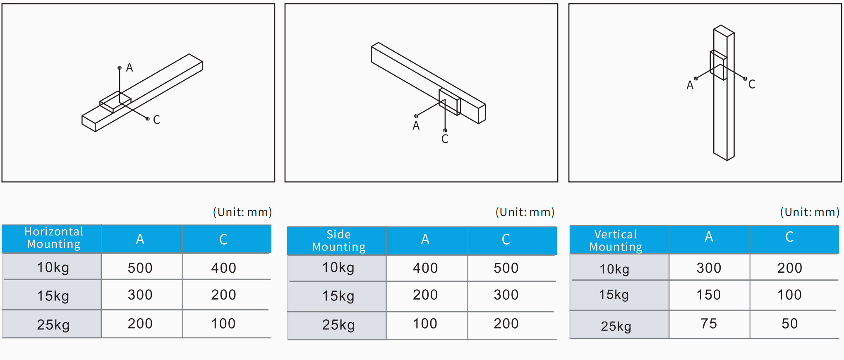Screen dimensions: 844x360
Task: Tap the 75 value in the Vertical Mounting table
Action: click(x=709, y=324)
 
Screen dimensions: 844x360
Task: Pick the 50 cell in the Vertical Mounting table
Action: click(x=790, y=324)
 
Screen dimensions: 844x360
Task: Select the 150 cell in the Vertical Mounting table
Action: click(x=709, y=295)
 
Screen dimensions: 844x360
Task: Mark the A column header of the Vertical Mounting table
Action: click(x=709, y=237)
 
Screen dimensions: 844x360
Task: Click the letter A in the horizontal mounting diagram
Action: click(x=129, y=67)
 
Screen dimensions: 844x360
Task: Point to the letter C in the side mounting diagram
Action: click(x=445, y=139)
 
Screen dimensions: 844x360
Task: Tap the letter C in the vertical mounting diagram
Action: click(x=752, y=84)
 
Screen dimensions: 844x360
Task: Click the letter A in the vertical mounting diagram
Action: click(x=690, y=85)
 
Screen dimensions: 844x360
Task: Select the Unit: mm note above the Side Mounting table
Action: click(x=525, y=212)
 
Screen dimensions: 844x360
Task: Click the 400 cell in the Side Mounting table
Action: click(x=425, y=268)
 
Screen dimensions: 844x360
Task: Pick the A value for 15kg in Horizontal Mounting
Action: click(x=140, y=295)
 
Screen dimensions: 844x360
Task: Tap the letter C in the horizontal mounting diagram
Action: click(x=156, y=120)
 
